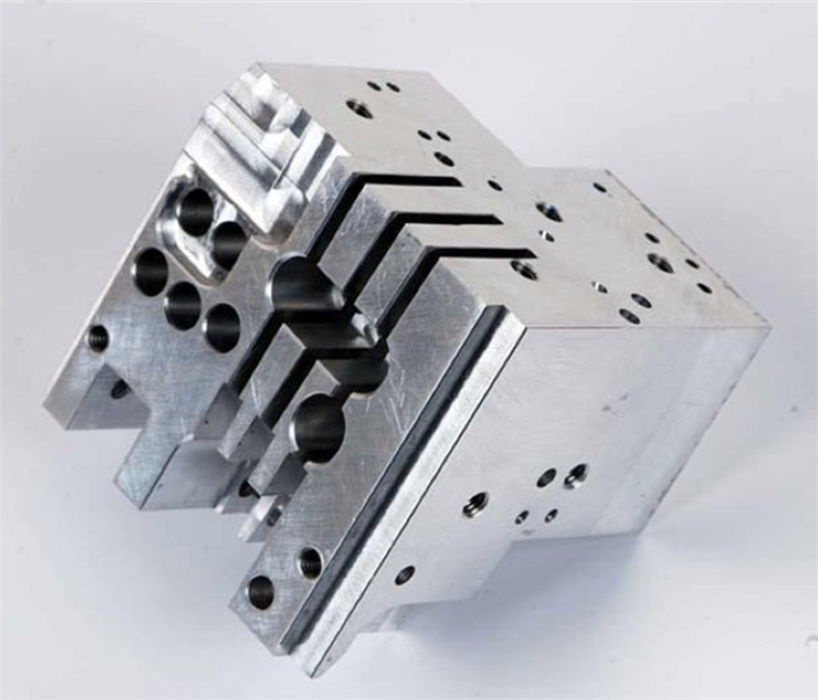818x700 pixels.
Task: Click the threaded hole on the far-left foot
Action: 97,337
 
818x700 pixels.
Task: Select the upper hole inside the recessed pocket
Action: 195,211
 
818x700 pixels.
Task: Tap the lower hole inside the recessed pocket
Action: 228,244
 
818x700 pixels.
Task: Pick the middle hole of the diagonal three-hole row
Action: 182,305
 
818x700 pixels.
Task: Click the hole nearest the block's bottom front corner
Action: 261,591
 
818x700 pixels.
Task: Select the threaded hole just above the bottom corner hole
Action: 310,562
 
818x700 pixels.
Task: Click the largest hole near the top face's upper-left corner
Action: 359,109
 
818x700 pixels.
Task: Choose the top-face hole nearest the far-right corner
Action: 704,287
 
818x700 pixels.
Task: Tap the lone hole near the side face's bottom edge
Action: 404,575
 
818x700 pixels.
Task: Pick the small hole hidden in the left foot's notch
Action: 119,389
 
